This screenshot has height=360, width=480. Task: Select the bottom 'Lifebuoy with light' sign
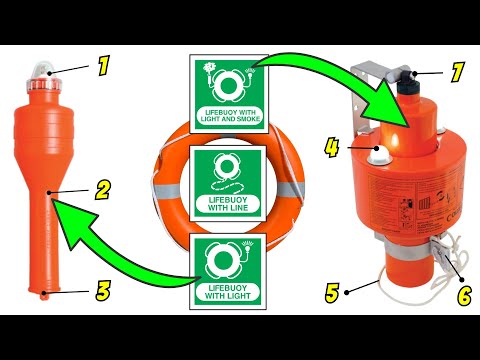pyautogui.click(x=224, y=273)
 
